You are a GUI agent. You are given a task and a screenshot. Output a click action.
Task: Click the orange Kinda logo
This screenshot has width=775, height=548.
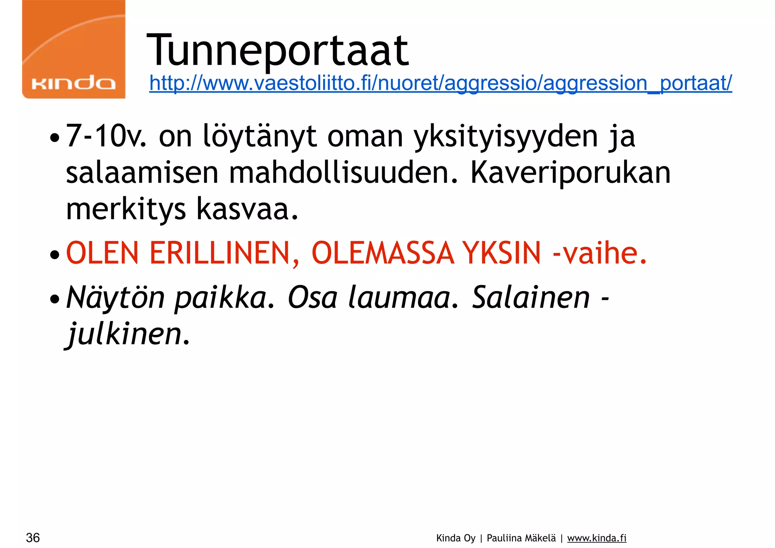tap(74, 49)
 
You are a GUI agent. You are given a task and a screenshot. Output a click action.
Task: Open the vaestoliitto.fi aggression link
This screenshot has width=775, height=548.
tap(440, 83)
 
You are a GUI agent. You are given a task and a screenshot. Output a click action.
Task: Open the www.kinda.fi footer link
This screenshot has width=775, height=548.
tap(597, 538)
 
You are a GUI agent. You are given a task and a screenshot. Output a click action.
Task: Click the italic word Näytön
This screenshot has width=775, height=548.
tap(116, 298)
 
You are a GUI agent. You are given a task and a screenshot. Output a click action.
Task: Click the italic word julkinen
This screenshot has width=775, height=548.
tap(128, 334)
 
